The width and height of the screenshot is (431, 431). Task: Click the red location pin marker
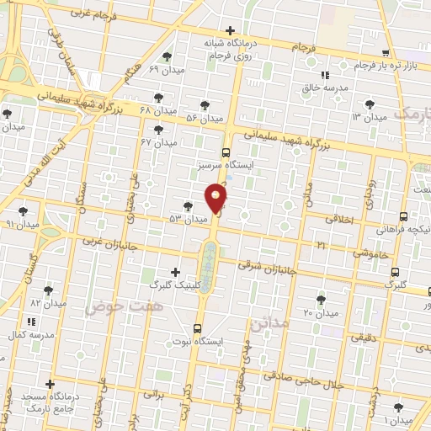(216, 199)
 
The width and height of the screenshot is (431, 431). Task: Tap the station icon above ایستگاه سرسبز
(226, 152)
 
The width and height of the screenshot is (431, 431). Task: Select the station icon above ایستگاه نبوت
(197, 328)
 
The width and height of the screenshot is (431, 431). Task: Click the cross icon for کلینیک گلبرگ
(175, 271)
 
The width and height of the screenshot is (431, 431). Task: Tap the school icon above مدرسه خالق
(325, 75)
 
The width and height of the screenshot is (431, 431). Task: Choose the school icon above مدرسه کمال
(31, 322)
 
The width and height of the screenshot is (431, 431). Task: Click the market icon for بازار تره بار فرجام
(386, 52)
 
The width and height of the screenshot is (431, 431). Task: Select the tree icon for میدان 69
(168, 56)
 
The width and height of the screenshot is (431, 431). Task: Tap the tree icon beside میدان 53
(188, 205)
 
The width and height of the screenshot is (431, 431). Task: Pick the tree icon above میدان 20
(321, 300)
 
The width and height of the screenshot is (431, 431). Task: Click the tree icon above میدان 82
(48, 288)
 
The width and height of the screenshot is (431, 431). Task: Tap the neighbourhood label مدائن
(274, 322)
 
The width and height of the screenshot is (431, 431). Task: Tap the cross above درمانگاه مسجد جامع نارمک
(52, 385)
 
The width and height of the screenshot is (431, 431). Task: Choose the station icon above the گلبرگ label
(395, 271)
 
